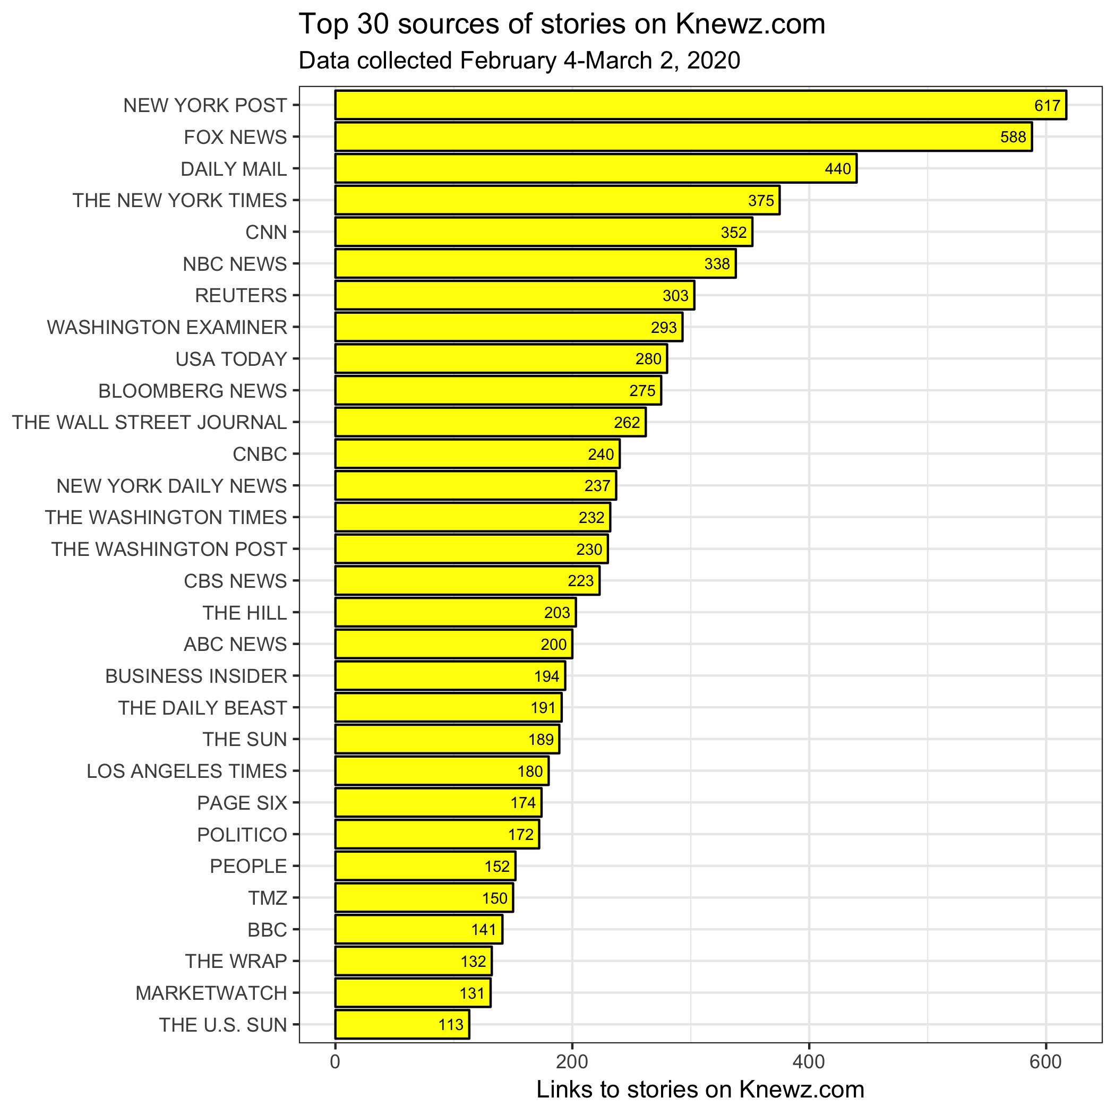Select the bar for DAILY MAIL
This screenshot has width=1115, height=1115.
point(596,168)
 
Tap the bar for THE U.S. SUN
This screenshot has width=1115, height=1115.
point(402,1024)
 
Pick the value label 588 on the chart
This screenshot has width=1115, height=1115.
point(1013,137)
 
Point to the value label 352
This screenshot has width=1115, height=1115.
point(734,232)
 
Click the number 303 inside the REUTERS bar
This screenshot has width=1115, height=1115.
point(675,296)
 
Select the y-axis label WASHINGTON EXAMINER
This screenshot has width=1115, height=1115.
point(167,327)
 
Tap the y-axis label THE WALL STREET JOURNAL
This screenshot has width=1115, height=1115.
point(150,423)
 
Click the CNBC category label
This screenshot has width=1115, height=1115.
point(260,454)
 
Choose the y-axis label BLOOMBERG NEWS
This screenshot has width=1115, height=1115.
point(193,391)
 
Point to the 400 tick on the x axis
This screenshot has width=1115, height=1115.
point(809,1062)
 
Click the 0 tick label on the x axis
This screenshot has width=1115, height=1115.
point(336,1062)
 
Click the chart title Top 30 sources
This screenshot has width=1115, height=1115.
point(562,24)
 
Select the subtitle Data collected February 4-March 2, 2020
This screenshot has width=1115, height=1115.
point(519,61)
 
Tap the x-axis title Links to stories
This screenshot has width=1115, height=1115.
point(700,1090)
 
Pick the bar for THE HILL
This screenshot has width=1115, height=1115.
point(456,612)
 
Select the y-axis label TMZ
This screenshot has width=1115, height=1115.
point(267,898)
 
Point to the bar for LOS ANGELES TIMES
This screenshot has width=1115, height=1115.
point(442,771)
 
